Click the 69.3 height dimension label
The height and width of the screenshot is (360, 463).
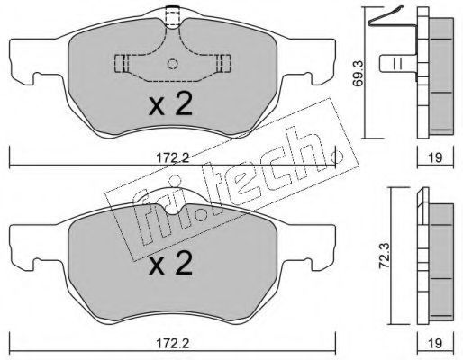click(359, 74)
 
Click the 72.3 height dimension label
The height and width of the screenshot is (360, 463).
click(385, 256)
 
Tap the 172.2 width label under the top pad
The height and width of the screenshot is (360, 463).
click(173, 158)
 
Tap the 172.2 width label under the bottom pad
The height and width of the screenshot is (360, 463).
click(173, 343)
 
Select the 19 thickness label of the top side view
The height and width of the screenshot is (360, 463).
click(436, 157)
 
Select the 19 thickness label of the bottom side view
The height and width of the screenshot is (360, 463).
click(436, 343)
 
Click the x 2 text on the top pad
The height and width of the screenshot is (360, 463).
click(170, 104)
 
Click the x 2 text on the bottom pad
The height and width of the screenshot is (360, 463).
click(170, 263)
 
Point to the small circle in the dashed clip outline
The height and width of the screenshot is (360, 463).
click(172, 64)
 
